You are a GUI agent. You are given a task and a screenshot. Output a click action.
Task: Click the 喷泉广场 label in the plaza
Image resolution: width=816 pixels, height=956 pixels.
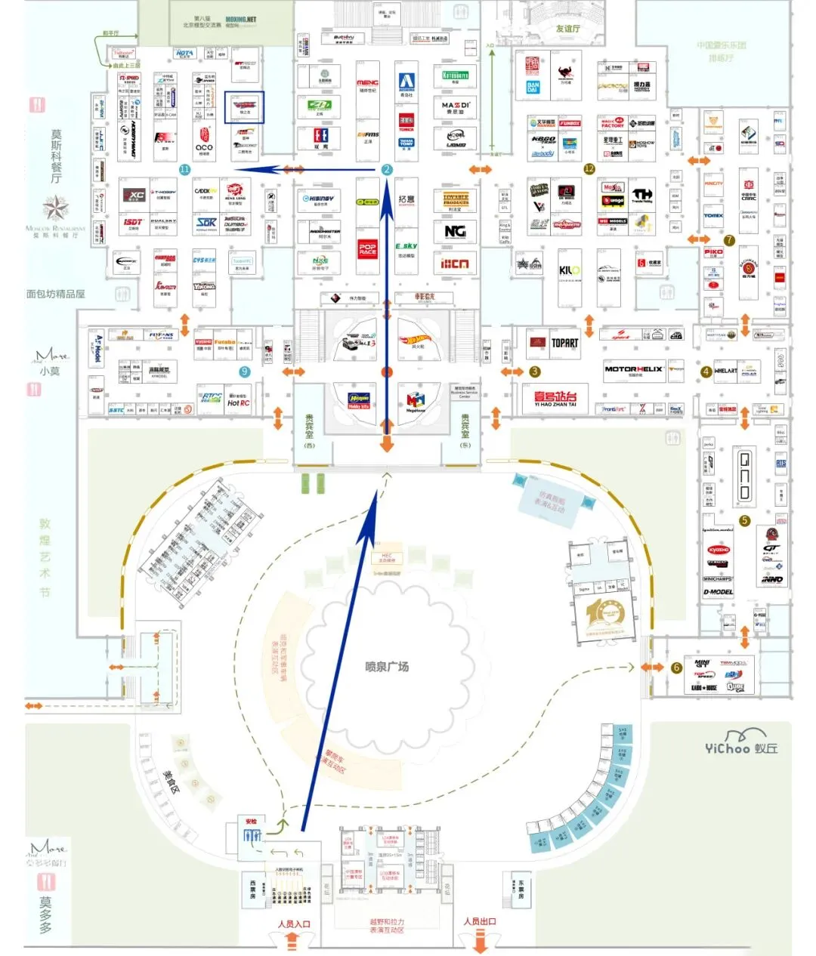click(386, 666)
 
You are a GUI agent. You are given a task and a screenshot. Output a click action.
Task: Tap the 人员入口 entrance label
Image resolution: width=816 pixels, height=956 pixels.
click(294, 924)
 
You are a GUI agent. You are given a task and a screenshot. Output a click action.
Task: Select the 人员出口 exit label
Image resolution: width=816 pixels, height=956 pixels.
click(479, 921)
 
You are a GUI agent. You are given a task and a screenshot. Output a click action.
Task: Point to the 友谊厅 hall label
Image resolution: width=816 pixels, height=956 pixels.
click(567, 29)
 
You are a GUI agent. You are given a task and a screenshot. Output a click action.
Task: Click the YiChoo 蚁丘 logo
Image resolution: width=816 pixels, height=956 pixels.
click(740, 748)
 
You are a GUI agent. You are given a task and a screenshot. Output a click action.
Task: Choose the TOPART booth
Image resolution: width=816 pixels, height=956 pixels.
click(564, 343)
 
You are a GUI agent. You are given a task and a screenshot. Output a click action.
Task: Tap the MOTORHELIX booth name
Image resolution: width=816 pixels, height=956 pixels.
click(633, 369)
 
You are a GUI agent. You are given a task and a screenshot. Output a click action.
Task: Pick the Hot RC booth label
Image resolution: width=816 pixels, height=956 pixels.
click(238, 403)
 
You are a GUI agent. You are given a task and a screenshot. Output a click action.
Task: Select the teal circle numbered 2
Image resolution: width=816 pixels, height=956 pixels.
click(387, 170)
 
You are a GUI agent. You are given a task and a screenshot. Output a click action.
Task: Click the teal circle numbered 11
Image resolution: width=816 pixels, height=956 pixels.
click(184, 170)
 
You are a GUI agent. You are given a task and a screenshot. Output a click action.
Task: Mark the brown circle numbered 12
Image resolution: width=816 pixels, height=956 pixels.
click(589, 169)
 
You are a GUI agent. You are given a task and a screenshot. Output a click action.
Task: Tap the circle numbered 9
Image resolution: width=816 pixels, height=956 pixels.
click(244, 372)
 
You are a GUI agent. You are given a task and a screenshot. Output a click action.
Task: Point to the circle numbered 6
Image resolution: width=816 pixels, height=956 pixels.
click(676, 668)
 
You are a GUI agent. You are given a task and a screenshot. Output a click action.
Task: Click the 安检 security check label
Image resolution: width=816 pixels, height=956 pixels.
click(251, 822)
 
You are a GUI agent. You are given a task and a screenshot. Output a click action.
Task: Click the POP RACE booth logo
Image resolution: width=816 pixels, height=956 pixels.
click(367, 248)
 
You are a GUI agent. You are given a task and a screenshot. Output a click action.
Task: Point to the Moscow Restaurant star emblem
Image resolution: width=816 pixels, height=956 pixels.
click(55, 209)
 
